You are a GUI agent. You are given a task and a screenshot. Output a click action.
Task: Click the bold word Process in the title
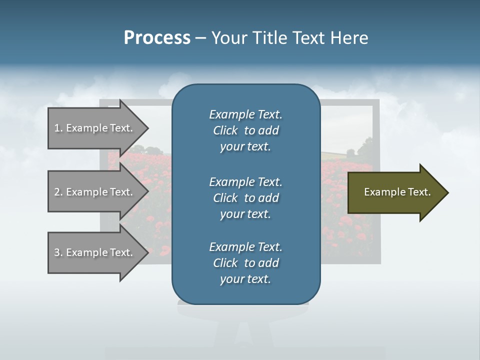click(157, 38)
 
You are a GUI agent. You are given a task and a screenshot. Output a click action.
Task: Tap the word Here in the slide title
click(348, 38)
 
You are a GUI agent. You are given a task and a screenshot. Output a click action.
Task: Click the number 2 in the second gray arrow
click(57, 192)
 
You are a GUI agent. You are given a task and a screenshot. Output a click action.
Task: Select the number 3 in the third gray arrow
click(57, 252)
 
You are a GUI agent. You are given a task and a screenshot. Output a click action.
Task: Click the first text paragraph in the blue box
click(245, 130)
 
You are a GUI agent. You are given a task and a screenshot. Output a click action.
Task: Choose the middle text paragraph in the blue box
click(245, 198)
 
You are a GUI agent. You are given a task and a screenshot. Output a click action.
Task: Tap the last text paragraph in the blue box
click(245, 263)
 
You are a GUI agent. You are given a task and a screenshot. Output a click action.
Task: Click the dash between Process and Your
click(200, 38)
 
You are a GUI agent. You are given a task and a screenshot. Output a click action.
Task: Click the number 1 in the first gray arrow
click(56, 128)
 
